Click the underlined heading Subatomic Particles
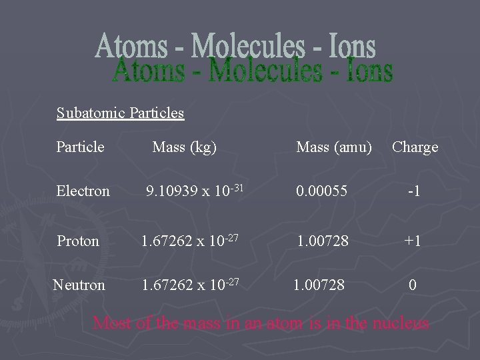(x=120, y=113)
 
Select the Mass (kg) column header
(x=185, y=147)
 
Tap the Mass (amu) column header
(x=334, y=147)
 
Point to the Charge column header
(x=415, y=147)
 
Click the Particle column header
(x=81, y=147)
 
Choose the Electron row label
(x=83, y=191)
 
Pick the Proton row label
(x=78, y=241)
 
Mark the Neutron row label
(x=79, y=285)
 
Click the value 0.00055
(x=323, y=191)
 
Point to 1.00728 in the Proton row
(x=323, y=241)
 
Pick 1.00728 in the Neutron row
(x=319, y=285)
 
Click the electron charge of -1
(x=413, y=191)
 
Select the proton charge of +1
(x=413, y=241)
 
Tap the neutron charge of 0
(x=413, y=285)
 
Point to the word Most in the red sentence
(x=111, y=323)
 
